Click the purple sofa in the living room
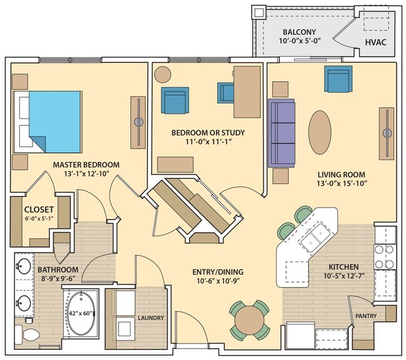tap(280, 132)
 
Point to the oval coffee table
tap(320, 132)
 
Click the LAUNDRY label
tap(151, 318)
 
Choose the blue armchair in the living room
tap(337, 79)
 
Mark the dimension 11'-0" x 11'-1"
tap(208, 143)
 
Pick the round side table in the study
tap(163, 74)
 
